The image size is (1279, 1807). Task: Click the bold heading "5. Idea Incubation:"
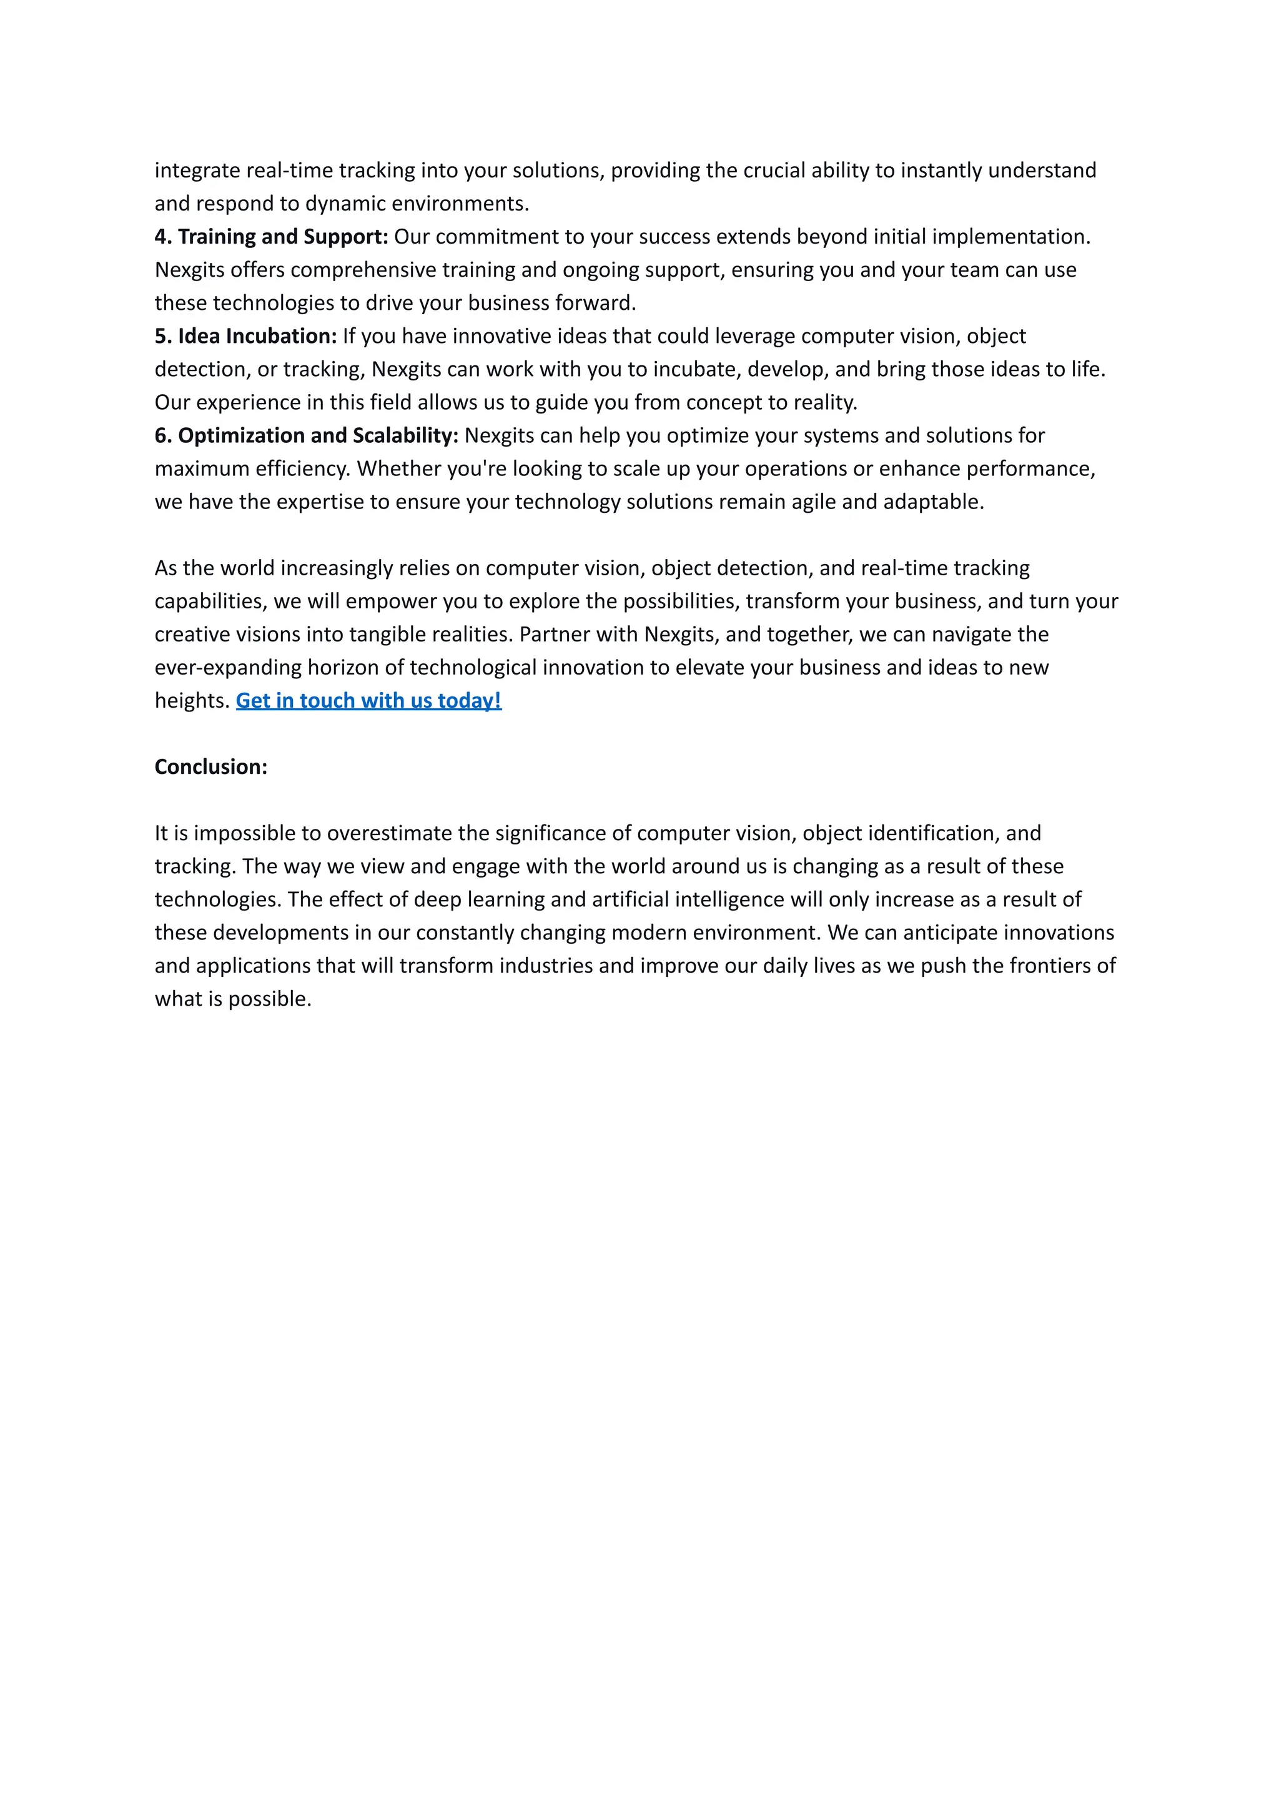(245, 335)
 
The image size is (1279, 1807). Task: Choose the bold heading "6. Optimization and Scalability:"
(307, 435)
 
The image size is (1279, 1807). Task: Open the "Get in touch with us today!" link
(368, 700)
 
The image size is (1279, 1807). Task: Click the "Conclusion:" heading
(211, 766)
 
